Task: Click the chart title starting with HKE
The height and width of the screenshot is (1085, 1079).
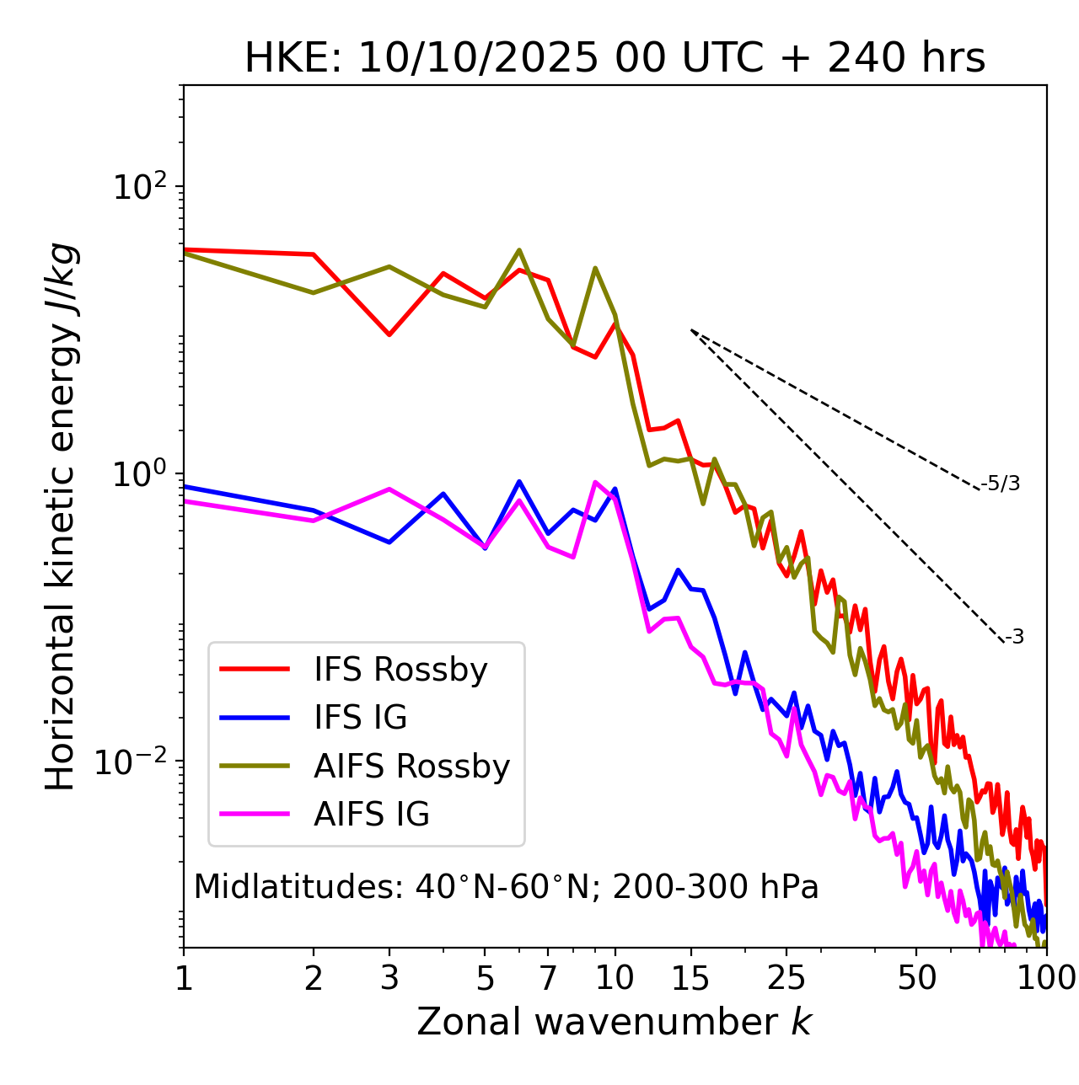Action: [x=615, y=59]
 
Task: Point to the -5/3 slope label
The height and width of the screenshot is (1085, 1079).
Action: [x=1001, y=484]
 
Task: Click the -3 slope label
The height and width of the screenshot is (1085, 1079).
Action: [x=1014, y=637]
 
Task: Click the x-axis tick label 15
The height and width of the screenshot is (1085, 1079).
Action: [x=691, y=978]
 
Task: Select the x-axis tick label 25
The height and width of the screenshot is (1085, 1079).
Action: [x=786, y=978]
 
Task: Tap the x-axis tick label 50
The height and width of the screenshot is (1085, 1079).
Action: [x=916, y=978]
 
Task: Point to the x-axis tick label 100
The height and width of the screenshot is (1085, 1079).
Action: [x=1046, y=978]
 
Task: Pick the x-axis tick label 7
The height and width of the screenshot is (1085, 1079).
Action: [x=548, y=978]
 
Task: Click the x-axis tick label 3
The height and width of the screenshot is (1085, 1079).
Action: [x=389, y=978]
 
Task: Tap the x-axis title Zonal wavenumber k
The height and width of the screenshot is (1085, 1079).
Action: [x=615, y=1022]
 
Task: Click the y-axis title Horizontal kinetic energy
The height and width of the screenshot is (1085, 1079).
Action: [x=61, y=516]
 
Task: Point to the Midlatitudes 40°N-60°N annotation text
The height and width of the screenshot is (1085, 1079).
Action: [x=506, y=887]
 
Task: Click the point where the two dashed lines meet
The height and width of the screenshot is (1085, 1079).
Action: [x=691, y=330]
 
